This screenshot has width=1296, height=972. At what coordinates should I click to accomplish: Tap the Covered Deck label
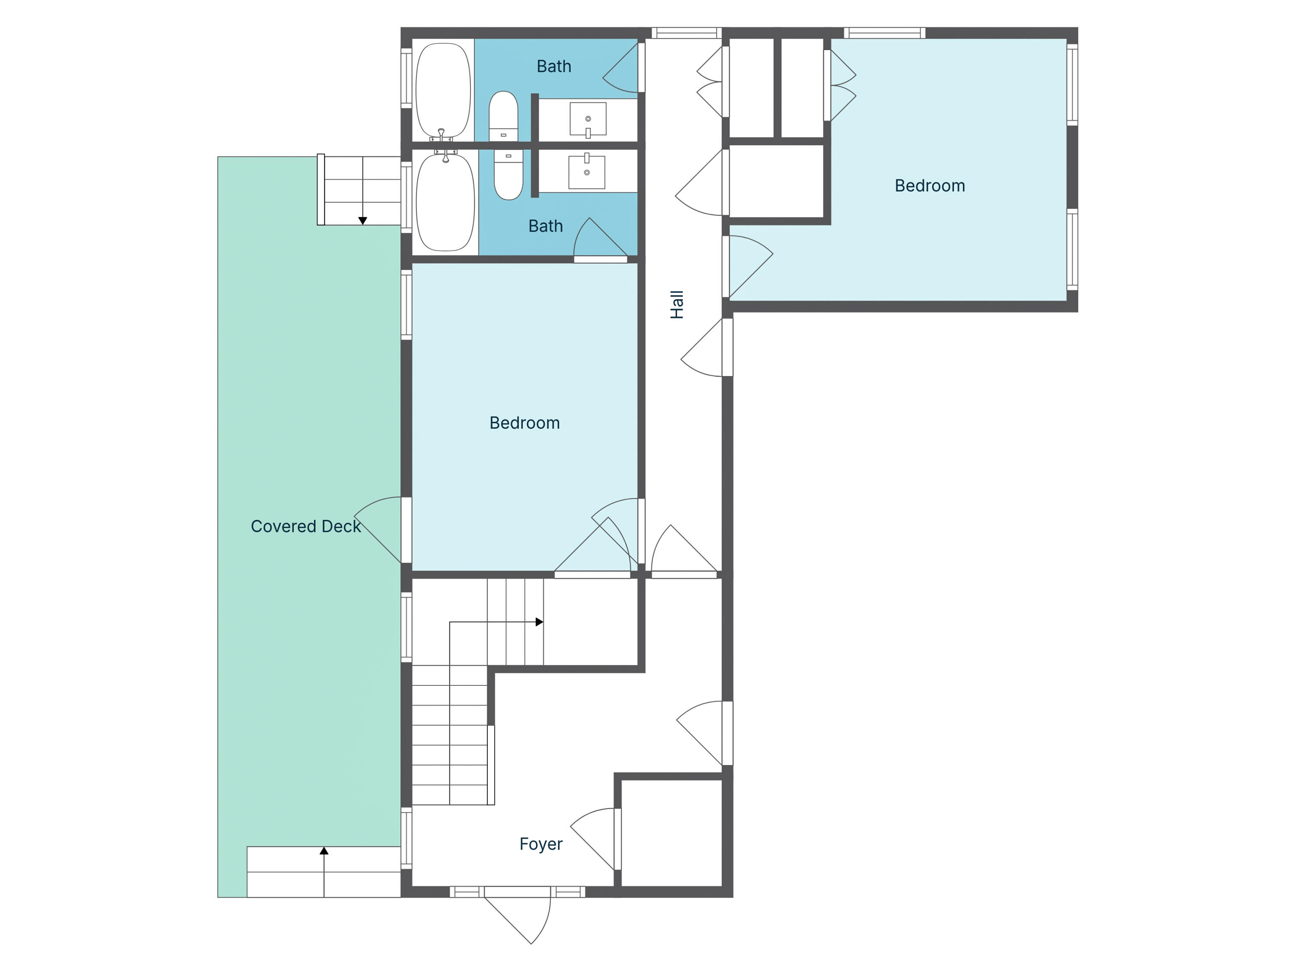pyautogui.click(x=305, y=526)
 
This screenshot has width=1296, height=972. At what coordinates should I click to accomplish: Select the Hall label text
pyautogui.click(x=677, y=304)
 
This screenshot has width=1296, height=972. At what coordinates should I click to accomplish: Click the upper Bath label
pyautogui.click(x=554, y=66)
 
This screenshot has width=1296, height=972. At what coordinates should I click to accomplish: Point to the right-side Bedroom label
pyautogui.click(x=929, y=185)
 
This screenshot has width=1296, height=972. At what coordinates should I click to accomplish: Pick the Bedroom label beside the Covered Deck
pyautogui.click(x=524, y=423)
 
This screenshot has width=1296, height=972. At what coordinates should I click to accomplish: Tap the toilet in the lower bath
pyautogui.click(x=508, y=174)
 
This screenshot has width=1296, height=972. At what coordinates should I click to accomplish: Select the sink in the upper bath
pyautogui.click(x=588, y=119)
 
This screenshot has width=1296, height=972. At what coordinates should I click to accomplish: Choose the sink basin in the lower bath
pyautogui.click(x=587, y=172)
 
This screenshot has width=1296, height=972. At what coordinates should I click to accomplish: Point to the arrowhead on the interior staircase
pyautogui.click(x=539, y=622)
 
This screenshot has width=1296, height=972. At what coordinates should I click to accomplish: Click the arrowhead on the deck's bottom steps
pyautogui.click(x=324, y=851)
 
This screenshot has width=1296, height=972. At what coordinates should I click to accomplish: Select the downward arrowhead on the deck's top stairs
pyautogui.click(x=363, y=220)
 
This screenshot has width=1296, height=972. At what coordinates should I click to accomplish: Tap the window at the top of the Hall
pyautogui.click(x=686, y=33)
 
